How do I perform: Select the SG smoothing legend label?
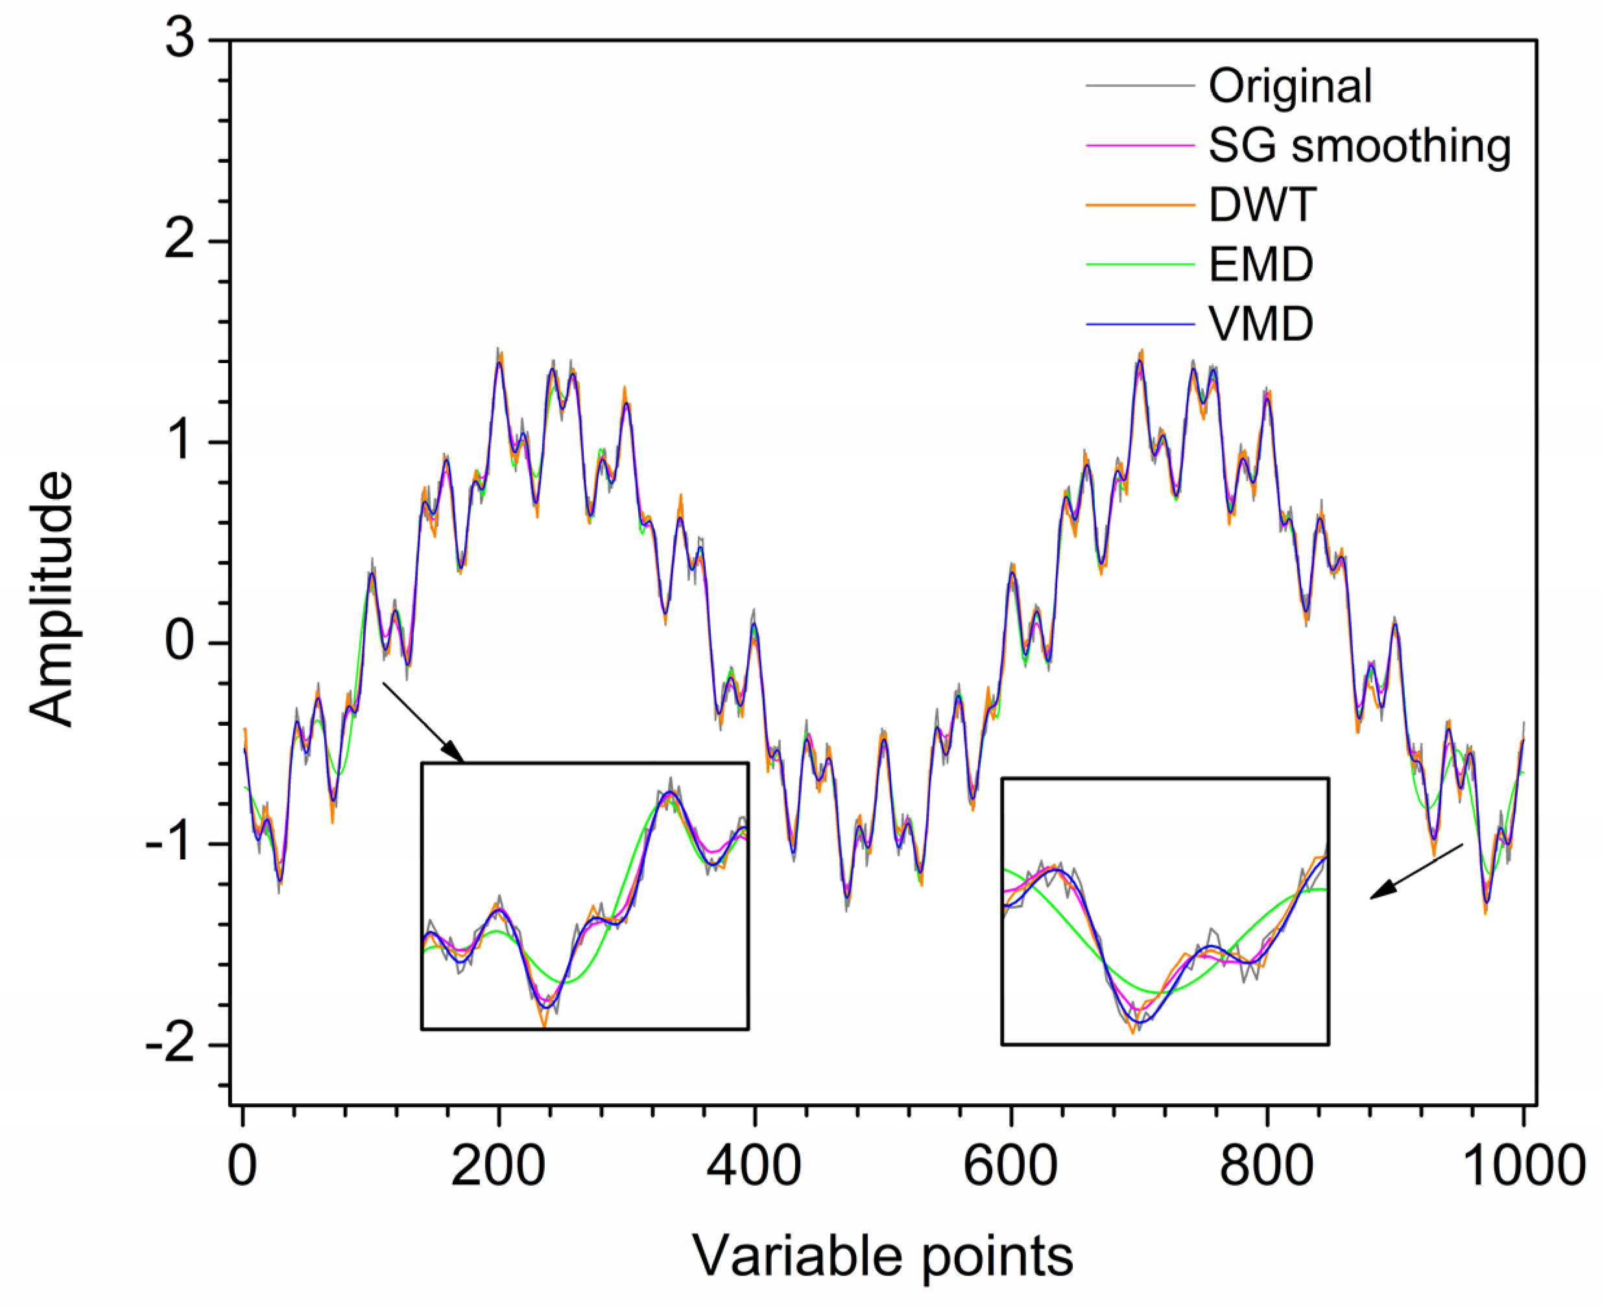pos(1359,146)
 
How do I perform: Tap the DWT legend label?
pos(1263,205)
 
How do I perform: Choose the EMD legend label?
pos(1261,264)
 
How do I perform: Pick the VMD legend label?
pos(1261,324)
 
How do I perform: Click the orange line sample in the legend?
pos(1140,206)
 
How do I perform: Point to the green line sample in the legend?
pos(1140,265)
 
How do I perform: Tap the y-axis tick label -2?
pos(170,1045)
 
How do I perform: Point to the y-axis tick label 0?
pos(180,643)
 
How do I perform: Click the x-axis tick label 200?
pos(497,1166)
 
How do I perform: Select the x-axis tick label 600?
pos(1010,1166)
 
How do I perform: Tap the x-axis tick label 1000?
pos(1522,1166)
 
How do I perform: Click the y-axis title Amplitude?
pos(53,599)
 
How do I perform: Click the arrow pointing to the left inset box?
pos(423,722)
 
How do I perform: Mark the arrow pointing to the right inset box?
pos(1416,872)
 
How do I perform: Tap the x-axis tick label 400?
pos(754,1166)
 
